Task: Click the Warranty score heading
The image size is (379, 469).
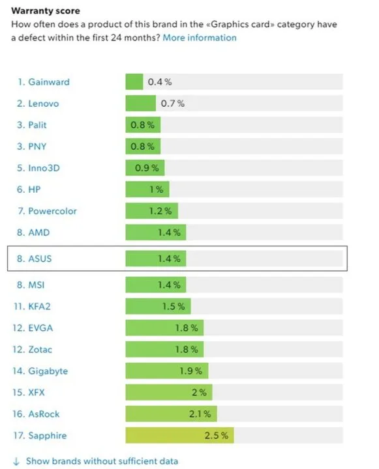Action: pyautogui.click(x=46, y=10)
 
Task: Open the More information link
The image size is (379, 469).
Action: pyautogui.click(x=200, y=37)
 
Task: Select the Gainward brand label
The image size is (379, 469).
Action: pyautogui.click(x=44, y=82)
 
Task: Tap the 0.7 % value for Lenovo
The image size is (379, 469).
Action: pyautogui.click(x=172, y=104)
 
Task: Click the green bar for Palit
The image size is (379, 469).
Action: pyautogui.click(x=142, y=125)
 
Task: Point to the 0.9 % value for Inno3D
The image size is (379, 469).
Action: pyautogui.click(x=147, y=168)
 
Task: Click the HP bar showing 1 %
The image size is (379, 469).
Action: pyautogui.click(x=147, y=190)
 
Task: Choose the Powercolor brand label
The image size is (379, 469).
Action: pyautogui.click(x=48, y=211)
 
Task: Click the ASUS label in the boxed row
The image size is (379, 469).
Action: pyautogui.click(x=39, y=259)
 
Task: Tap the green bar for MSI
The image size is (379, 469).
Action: pyautogui.click(x=156, y=285)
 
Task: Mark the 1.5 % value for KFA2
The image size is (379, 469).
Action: pyautogui.click(x=174, y=306)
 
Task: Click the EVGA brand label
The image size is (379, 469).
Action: pyautogui.click(x=39, y=328)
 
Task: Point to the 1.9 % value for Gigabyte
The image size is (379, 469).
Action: pyautogui.click(x=192, y=371)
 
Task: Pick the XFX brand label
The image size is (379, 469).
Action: pyautogui.click(x=37, y=392)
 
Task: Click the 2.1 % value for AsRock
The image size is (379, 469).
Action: pyautogui.click(x=200, y=414)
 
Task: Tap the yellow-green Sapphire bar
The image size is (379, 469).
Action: pyautogui.click(x=179, y=435)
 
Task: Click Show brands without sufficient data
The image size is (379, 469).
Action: pyautogui.click(x=101, y=461)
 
